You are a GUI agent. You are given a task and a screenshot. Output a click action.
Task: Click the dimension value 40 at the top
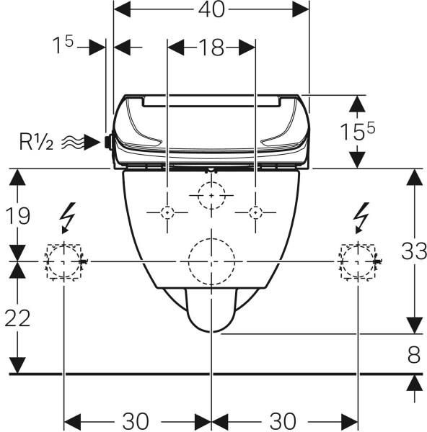(211, 10)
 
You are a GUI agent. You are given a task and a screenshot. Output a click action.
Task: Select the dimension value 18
(211, 48)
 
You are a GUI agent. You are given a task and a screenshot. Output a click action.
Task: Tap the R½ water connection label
(36, 142)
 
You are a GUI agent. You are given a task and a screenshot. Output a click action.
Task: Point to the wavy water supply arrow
(80, 142)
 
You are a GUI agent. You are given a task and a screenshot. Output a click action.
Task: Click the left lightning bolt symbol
(68, 218)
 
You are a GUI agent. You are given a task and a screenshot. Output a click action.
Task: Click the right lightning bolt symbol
(361, 218)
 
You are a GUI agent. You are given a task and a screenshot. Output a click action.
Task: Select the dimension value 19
(17, 216)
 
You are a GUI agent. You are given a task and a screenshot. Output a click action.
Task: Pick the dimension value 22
(17, 318)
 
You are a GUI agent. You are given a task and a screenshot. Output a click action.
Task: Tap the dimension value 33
(413, 251)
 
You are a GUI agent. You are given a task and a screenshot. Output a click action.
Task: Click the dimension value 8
(414, 354)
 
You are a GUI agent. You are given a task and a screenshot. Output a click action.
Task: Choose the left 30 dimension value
(136, 421)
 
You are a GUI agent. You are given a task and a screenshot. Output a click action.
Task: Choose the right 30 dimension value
(282, 421)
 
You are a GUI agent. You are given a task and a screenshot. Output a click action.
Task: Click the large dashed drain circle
(212, 238)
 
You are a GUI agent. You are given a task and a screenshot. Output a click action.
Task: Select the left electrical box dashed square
(63, 244)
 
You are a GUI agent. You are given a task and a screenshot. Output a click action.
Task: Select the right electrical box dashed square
(358, 244)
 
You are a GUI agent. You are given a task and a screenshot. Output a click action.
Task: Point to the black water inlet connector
(108, 142)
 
